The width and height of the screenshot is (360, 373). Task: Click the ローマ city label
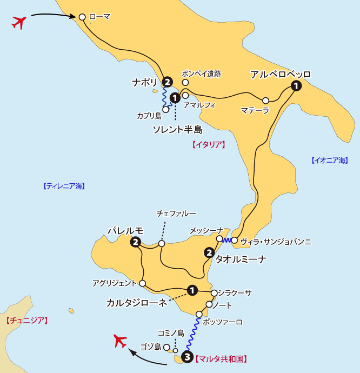click(100, 17)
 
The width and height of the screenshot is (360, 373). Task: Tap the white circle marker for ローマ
click(82, 17)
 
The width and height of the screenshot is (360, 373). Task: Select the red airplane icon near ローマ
click(19, 23)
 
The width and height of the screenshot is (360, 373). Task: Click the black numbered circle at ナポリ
click(168, 82)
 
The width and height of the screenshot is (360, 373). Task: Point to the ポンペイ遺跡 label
click(201, 74)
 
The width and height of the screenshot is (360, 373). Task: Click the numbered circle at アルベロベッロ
click(296, 85)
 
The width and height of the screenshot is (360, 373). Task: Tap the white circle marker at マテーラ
click(265, 101)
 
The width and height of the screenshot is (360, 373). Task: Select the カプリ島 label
click(149, 116)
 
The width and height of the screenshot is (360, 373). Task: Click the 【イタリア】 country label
click(208, 145)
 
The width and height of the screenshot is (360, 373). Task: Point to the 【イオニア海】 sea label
click(330, 160)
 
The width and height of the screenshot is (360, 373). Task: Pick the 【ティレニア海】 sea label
click(64, 186)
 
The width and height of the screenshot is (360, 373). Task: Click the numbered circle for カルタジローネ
click(192, 290)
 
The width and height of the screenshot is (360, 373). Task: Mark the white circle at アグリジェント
click(143, 283)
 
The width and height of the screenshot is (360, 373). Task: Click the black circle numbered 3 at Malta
click(187, 357)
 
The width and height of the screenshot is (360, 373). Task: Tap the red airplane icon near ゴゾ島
click(121, 342)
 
